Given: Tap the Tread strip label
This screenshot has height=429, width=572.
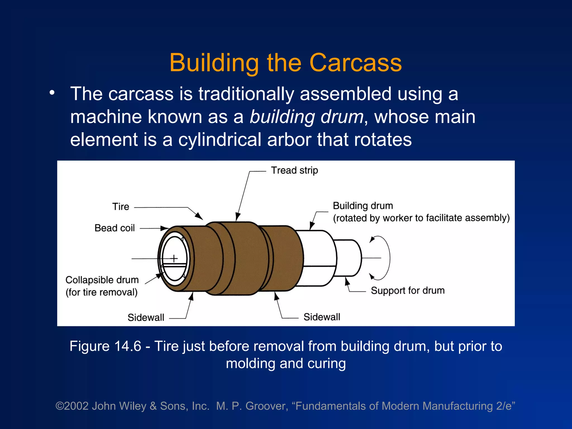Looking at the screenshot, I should pyautogui.click(x=294, y=170).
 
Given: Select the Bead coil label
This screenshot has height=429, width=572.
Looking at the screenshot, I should pyautogui.click(x=115, y=228).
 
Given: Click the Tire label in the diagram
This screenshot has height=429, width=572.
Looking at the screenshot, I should pyautogui.click(x=121, y=207).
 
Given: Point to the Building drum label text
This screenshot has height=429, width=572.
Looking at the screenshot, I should pyautogui.click(x=363, y=206).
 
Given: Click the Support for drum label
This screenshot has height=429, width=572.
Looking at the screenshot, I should pyautogui.click(x=407, y=290).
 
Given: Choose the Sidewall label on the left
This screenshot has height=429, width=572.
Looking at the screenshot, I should pyautogui.click(x=146, y=318).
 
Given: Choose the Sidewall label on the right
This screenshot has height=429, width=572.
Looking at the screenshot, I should pyautogui.click(x=322, y=317).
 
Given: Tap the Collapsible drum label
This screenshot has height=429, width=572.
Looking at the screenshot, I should pyautogui.click(x=102, y=280).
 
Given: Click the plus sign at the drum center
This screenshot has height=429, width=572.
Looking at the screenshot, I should pyautogui.click(x=174, y=258).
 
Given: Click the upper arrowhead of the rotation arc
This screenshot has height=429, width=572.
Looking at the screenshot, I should pyautogui.click(x=372, y=239).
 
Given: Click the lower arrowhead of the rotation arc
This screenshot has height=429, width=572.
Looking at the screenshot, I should pyautogui.click(x=372, y=277).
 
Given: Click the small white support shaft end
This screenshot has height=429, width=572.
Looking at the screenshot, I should pyautogui.click(x=348, y=258).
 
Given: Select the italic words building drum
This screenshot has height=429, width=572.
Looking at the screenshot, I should pyautogui.click(x=306, y=117).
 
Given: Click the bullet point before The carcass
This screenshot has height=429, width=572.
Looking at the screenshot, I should pyautogui.click(x=52, y=93).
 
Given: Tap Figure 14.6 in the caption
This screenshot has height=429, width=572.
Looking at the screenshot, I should pyautogui.click(x=105, y=346).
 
